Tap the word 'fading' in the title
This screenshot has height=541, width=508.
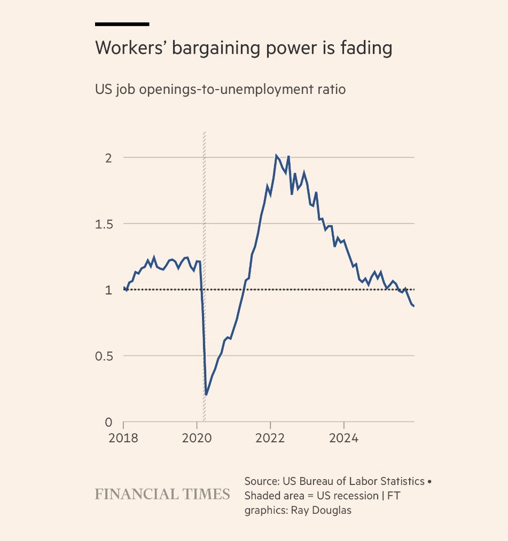(366, 49)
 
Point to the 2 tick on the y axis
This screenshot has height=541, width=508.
(108, 158)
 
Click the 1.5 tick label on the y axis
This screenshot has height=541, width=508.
(105, 224)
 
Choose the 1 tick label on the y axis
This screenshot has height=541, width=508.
(109, 290)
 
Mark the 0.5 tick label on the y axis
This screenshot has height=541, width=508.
(105, 356)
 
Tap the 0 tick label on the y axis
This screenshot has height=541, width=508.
(108, 422)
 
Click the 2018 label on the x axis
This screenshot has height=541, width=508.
(123, 439)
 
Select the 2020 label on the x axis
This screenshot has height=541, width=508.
(197, 439)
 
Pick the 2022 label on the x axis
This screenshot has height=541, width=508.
(270, 439)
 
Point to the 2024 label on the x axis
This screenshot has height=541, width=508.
(343, 439)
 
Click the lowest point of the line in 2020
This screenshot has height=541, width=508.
(206, 395)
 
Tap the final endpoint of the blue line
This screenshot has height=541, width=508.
(414, 306)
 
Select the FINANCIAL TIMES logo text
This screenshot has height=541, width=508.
(162, 494)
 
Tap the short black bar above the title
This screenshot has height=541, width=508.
(122, 24)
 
